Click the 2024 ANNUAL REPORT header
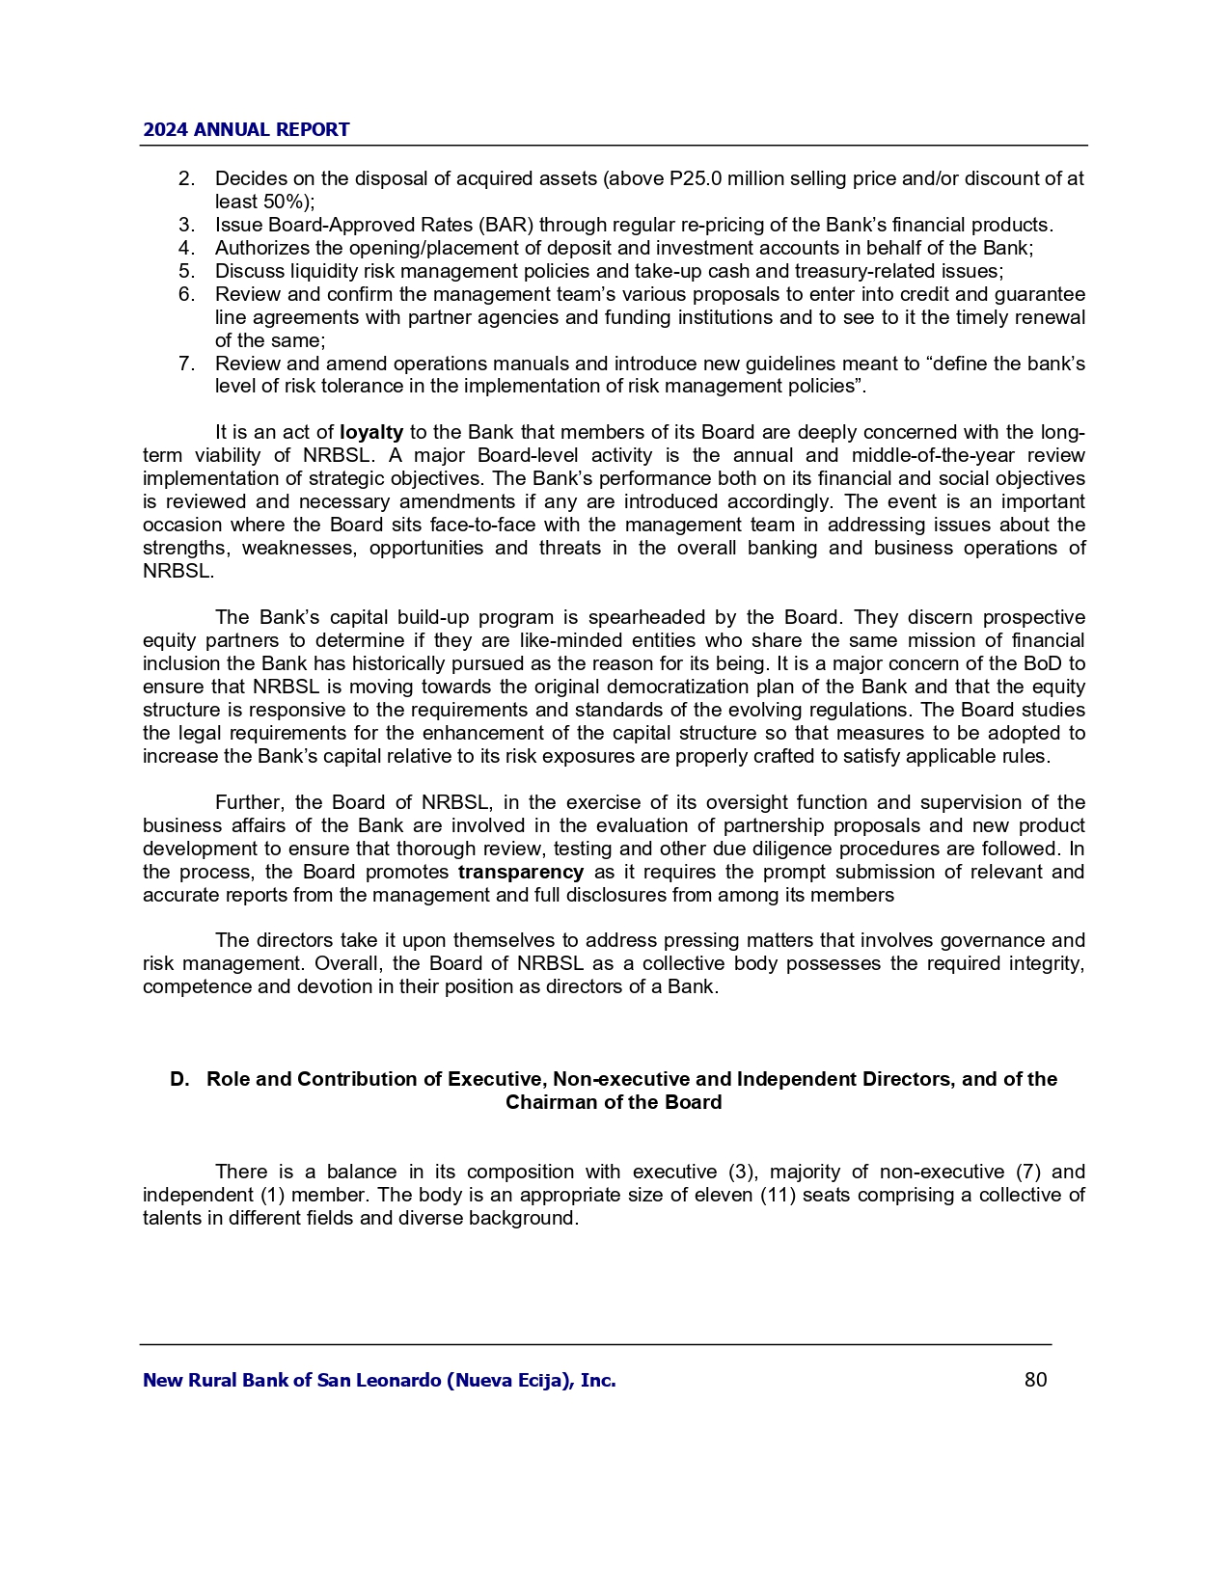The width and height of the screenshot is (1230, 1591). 246,130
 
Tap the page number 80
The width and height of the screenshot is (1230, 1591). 1035,1380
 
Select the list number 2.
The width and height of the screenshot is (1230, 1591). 186,178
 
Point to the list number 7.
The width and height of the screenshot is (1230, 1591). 186,364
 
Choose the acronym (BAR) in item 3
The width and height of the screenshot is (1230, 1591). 506,225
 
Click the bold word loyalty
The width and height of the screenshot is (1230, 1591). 371,432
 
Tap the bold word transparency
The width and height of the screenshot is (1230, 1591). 521,872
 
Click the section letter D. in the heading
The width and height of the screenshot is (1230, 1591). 179,1079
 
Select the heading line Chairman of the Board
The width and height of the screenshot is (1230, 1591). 614,1102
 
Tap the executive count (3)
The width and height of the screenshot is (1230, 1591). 736,1172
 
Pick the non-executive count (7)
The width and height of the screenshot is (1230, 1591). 1028,1172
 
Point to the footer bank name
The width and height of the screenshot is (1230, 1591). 379,1380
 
